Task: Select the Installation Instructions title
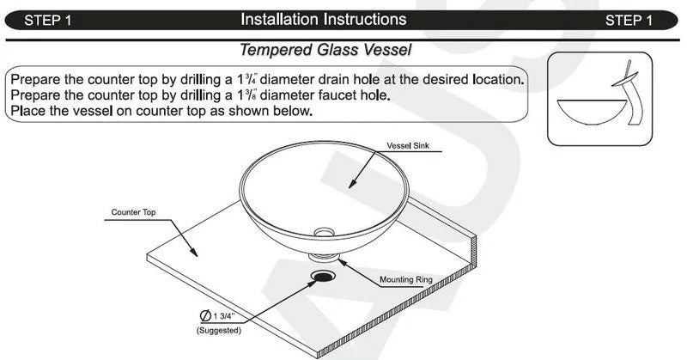[x=323, y=19]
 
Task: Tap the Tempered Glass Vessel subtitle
[x=325, y=50]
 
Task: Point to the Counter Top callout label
[x=133, y=211]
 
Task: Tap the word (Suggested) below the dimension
[x=218, y=330]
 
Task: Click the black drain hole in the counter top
[x=325, y=276]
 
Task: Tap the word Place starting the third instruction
[x=28, y=112]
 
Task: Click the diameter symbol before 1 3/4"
[x=206, y=316]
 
